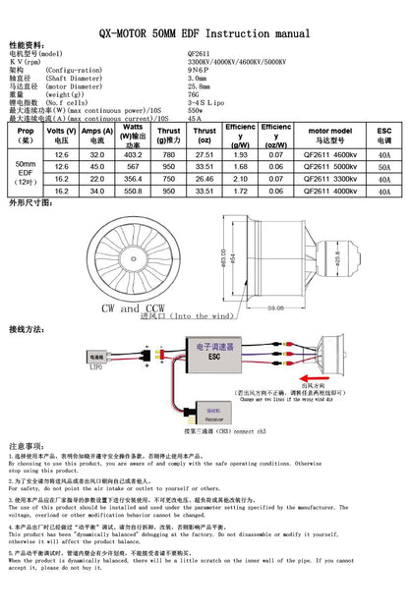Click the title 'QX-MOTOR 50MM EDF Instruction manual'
[x=204, y=31]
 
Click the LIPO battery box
[x=95, y=357]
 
